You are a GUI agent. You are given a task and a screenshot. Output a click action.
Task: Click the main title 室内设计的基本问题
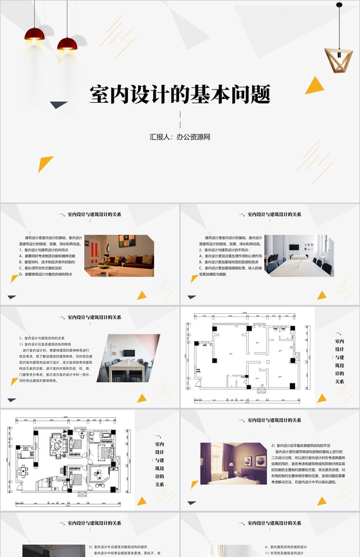(x=179, y=96)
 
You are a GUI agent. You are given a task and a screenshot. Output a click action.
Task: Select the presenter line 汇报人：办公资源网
(x=180, y=137)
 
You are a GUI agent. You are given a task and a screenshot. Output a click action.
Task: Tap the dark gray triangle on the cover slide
(x=59, y=105)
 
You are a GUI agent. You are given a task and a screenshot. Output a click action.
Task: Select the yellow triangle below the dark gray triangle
(x=46, y=163)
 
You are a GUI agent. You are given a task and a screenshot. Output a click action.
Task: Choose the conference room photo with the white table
(x=298, y=255)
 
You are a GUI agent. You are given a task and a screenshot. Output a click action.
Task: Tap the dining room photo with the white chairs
(x=133, y=358)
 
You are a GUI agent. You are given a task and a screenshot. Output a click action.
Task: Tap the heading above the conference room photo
(x=269, y=214)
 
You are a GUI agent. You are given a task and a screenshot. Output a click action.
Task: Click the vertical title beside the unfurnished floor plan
(x=338, y=358)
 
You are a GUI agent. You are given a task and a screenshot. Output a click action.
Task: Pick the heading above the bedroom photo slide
(x=269, y=420)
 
